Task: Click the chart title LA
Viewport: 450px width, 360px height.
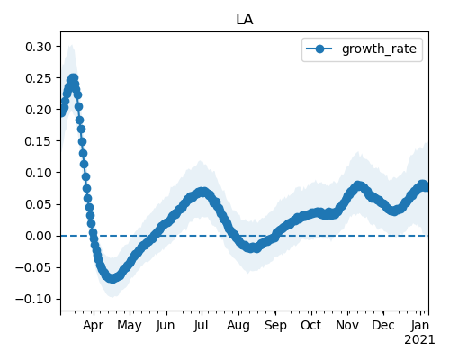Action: pyautogui.click(x=245, y=20)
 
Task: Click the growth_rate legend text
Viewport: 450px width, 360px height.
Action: pyautogui.click(x=379, y=49)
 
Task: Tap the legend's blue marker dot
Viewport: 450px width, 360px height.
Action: pyautogui.click(x=319, y=49)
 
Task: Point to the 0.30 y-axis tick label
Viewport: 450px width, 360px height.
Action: pyautogui.click(x=39, y=47)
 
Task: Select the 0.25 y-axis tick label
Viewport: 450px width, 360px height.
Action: pyautogui.click(x=39, y=78)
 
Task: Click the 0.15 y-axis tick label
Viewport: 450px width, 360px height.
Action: pyautogui.click(x=39, y=141)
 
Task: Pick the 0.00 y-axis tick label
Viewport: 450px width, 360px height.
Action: pyautogui.click(x=39, y=236)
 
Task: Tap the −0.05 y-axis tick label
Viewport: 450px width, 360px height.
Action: pyautogui.click(x=33, y=267)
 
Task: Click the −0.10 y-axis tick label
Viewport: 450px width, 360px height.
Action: pyautogui.click(x=33, y=299)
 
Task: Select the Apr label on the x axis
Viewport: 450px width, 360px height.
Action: pyautogui.click(x=94, y=326)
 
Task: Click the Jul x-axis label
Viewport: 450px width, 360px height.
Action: pyautogui.click(x=201, y=326)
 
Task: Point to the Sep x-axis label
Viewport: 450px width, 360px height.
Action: pyautogui.click(x=275, y=326)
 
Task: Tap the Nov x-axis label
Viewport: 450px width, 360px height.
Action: pyautogui.click(x=347, y=326)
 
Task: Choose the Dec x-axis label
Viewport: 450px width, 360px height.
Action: pyautogui.click(x=383, y=326)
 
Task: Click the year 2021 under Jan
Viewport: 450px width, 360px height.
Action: pyautogui.click(x=419, y=340)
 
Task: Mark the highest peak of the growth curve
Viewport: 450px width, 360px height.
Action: pyautogui.click(x=73, y=78)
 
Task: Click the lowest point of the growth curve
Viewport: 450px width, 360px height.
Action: pyautogui.click(x=112, y=278)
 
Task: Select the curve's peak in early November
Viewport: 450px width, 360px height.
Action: pyautogui.click(x=357, y=185)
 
